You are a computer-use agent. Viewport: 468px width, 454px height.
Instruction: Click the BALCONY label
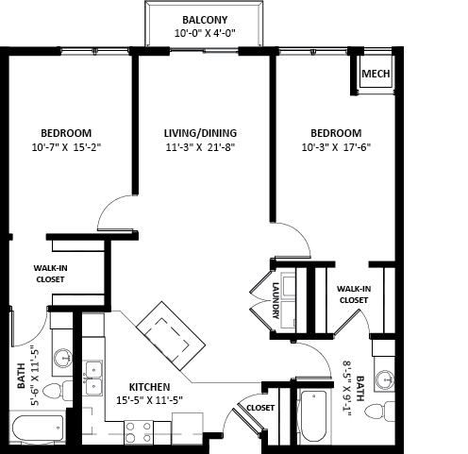205,20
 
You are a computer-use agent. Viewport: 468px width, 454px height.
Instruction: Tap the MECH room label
376,74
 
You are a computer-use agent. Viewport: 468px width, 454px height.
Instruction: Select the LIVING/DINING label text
200,133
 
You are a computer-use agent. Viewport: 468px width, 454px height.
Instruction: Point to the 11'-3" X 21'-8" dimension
200,147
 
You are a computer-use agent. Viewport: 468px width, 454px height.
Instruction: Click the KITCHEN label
149,387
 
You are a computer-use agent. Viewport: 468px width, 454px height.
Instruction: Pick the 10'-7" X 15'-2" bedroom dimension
66,147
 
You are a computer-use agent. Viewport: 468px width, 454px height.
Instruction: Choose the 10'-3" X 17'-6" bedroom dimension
336,147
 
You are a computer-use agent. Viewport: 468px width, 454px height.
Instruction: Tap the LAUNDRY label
276,300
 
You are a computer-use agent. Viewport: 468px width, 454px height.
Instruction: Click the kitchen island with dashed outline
171,336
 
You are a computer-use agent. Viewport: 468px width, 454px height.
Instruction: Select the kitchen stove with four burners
139,432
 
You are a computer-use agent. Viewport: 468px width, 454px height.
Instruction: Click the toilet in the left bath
58,391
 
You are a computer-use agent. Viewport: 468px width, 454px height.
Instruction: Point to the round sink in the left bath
63,358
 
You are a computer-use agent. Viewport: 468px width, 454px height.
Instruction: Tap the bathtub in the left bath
37,428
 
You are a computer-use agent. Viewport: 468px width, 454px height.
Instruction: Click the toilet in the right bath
379,412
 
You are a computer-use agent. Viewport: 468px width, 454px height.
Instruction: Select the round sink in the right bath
385,379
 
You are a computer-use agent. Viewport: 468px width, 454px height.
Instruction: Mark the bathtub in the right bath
313,416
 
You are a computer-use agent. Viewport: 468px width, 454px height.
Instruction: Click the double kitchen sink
92,378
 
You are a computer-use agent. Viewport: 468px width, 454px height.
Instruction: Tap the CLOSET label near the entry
260,408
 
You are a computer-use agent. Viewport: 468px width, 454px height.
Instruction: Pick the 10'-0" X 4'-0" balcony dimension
205,33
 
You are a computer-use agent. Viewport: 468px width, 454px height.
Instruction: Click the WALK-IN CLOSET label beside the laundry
354,294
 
